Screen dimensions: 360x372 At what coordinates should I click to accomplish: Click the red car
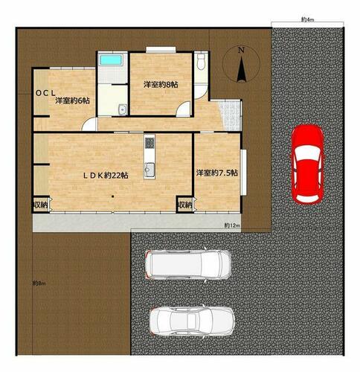307,164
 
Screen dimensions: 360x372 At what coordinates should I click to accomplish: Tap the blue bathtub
111,60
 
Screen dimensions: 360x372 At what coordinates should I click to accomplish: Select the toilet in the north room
201,62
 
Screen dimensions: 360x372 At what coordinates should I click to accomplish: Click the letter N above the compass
241,51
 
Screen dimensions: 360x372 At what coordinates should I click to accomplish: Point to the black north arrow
241,70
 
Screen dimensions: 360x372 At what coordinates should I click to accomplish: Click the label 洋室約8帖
161,85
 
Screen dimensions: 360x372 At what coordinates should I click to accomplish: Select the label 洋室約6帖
72,101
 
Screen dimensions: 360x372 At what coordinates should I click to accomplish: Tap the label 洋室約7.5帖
217,173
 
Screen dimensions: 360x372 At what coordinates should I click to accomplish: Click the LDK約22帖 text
106,176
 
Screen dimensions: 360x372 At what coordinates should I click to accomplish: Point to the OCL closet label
45,93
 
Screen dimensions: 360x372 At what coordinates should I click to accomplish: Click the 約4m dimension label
307,19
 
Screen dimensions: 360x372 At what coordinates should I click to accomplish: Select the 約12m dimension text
232,225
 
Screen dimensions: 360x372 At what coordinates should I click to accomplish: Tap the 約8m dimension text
39,283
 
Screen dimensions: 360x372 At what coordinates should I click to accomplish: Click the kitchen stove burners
150,143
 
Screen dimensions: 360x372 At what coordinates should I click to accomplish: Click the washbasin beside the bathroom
123,109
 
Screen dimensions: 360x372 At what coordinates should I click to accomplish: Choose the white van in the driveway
188,265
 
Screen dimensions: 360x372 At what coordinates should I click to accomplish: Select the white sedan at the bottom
192,321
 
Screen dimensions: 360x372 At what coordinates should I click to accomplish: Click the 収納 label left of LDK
40,205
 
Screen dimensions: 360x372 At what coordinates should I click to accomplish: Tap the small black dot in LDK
112,197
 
